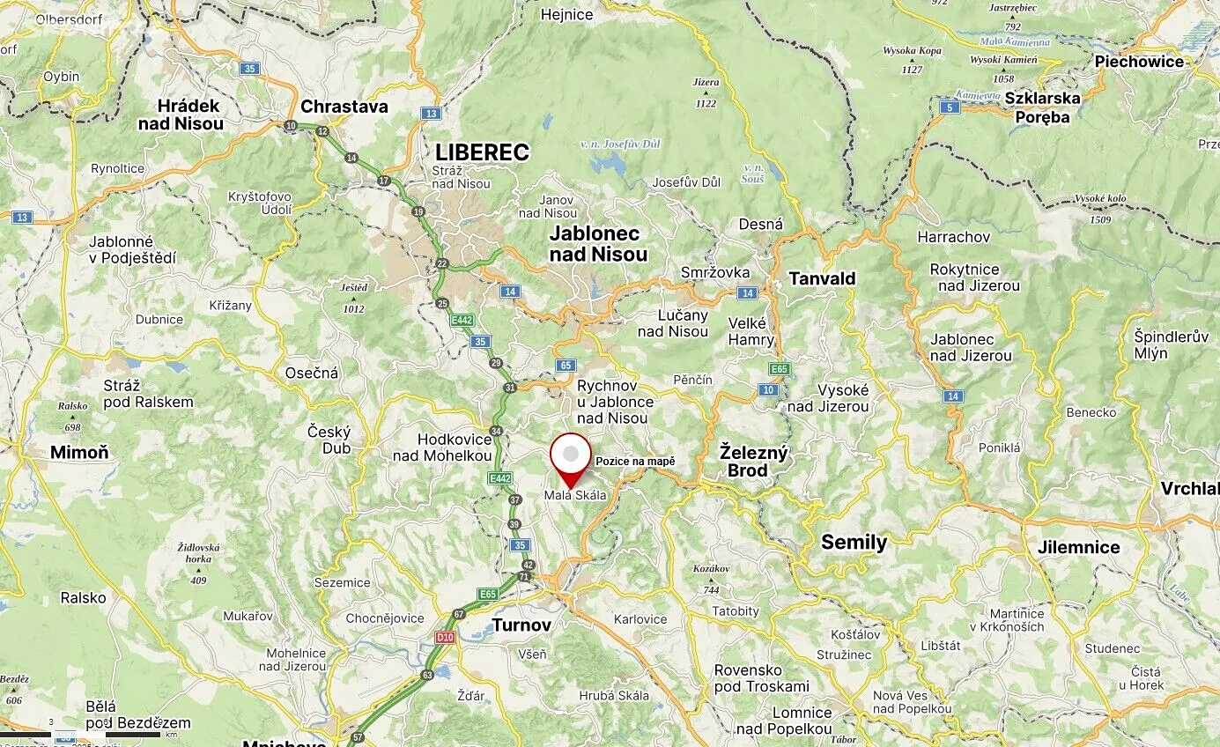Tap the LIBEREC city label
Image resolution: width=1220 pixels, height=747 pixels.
[x=482, y=152]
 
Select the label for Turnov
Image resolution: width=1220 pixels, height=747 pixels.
[x=521, y=625]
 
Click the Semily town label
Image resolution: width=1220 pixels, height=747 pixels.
[x=854, y=542]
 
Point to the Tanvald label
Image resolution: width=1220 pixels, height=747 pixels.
[x=821, y=278]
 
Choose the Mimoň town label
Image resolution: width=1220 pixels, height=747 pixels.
[x=79, y=453]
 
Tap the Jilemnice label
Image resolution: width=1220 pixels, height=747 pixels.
[x=1078, y=547]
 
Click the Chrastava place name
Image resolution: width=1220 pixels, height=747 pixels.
[x=344, y=107]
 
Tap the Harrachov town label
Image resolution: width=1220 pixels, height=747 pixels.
[x=953, y=237]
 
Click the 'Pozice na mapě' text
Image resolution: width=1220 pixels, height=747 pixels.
[x=635, y=462]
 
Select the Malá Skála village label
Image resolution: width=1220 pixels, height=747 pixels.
[x=574, y=496]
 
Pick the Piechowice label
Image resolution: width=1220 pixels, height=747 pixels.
[x=1138, y=62]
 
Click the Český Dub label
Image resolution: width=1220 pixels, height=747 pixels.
[x=329, y=440]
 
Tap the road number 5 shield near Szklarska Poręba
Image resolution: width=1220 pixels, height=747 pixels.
[x=949, y=107]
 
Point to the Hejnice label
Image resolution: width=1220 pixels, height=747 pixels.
[x=566, y=14]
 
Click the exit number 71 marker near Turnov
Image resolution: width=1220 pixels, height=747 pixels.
[x=523, y=576]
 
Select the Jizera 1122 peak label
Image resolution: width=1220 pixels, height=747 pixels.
[x=706, y=92]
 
